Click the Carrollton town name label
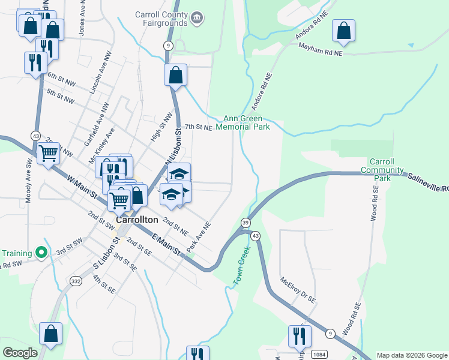[137, 220]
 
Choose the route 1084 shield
[319, 355]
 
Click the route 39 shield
[246, 223]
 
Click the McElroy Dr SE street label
[298, 289]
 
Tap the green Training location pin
[41, 253]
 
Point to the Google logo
[20, 353]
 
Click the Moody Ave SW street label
[28, 181]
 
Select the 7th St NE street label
[198, 127]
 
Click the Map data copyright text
[412, 355]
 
